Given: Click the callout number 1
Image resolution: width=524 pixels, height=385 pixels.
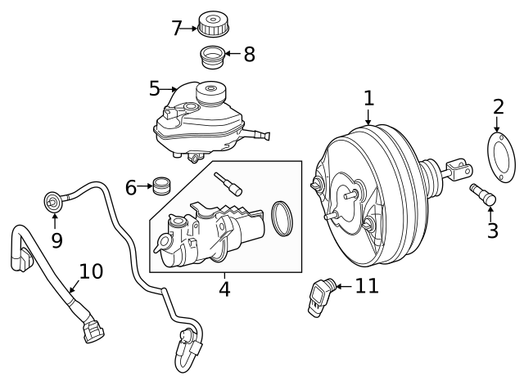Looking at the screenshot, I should [368, 99].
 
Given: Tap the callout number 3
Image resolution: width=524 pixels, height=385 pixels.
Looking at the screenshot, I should [492, 231].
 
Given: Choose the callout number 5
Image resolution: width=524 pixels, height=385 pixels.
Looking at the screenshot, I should [155, 87].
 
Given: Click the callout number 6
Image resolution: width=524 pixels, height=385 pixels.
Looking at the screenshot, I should [131, 187].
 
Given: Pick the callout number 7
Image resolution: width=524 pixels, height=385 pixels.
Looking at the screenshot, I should [176, 28].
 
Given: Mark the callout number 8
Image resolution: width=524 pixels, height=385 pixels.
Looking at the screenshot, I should [249, 55].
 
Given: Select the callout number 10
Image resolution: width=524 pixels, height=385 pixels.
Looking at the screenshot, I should [90, 271].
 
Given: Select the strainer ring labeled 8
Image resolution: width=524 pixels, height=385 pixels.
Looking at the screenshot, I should [213, 57].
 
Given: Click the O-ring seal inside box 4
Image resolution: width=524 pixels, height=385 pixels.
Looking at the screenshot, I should [282, 217].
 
